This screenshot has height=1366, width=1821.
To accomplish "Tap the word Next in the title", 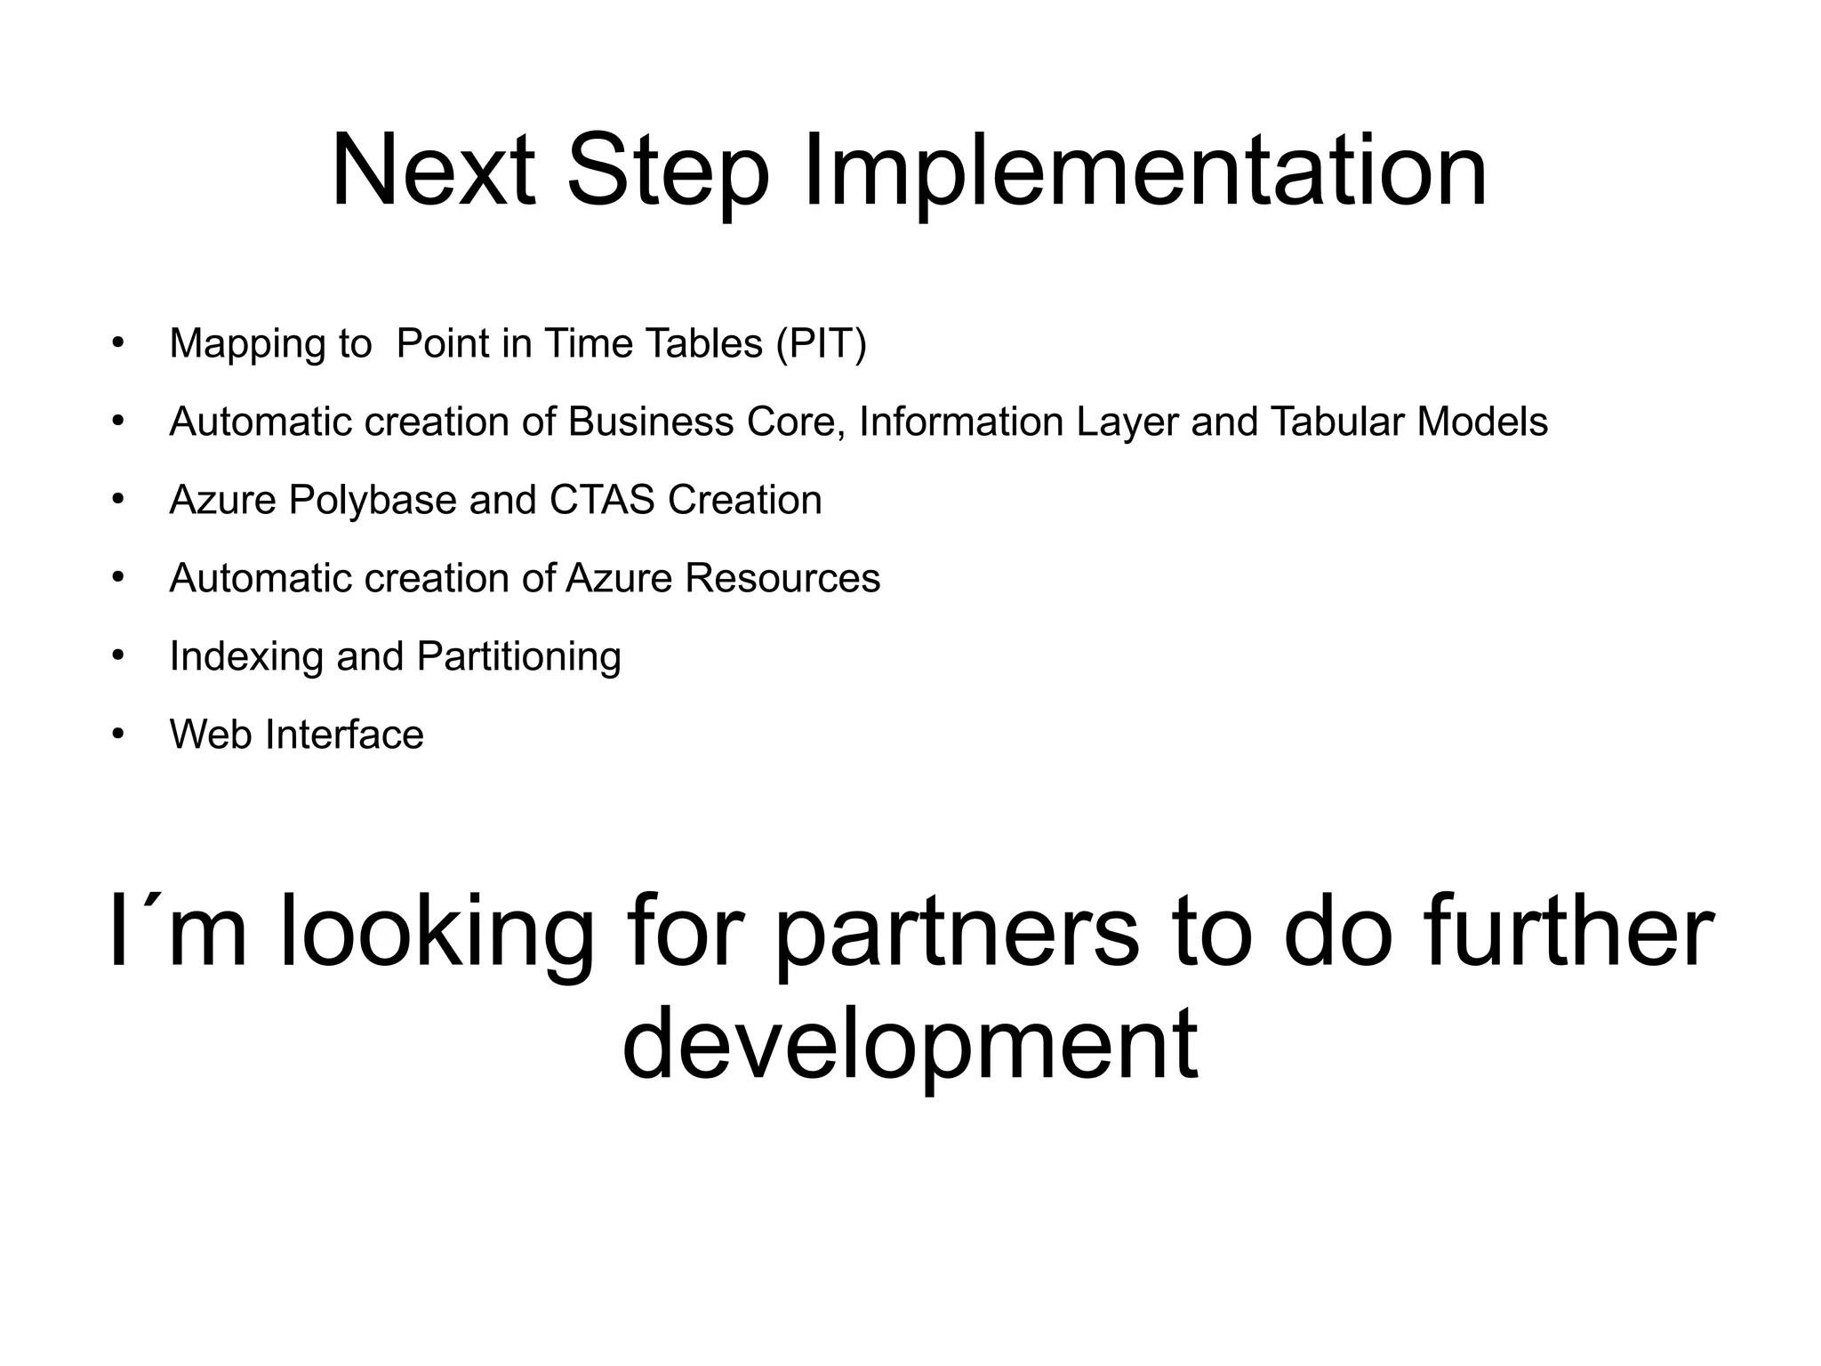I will pyautogui.click(x=433, y=171).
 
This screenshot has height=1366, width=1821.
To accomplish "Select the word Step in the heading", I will pyautogui.click(x=667, y=171).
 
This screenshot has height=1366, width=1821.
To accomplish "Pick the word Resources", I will pyautogui.click(x=782, y=578).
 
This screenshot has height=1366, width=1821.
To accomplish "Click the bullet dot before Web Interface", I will pyautogui.click(x=119, y=735).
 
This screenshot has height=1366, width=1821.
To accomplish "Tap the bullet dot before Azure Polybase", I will pyautogui.click(x=119, y=500).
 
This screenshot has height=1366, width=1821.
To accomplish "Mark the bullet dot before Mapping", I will pyautogui.click(x=119, y=343).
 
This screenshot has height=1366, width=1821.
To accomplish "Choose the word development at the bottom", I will pyautogui.click(x=910, y=1047).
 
